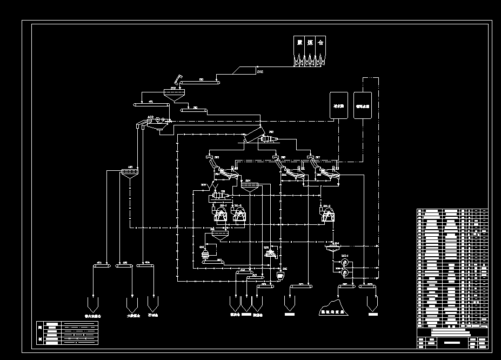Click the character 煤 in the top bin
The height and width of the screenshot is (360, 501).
click(x=310, y=43)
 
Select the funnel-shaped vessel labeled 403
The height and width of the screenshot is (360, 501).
click(x=129, y=174)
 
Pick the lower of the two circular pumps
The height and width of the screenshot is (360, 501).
click(x=344, y=275)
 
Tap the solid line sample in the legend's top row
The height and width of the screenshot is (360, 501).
click(x=81, y=325)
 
